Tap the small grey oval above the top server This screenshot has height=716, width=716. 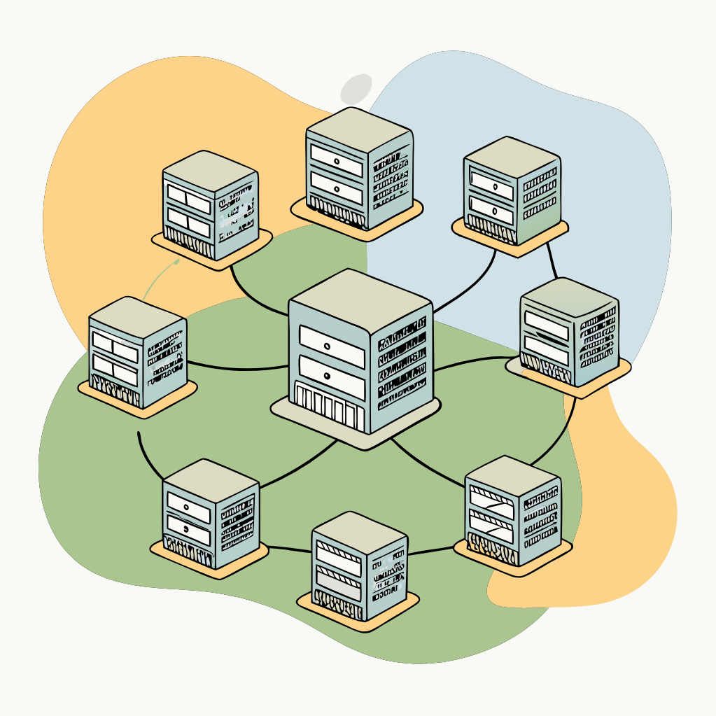tap(356, 89)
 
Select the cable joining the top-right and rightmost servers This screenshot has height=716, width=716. tap(553, 260)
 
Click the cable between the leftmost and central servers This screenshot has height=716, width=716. tap(238, 367)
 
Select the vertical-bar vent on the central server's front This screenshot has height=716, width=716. tap(329, 407)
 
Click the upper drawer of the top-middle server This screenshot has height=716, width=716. tap(337, 161)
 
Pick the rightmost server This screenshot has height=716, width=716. tap(568, 332)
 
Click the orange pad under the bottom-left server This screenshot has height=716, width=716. tap(210, 562)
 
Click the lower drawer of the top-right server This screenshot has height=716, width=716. tap(491, 207)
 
